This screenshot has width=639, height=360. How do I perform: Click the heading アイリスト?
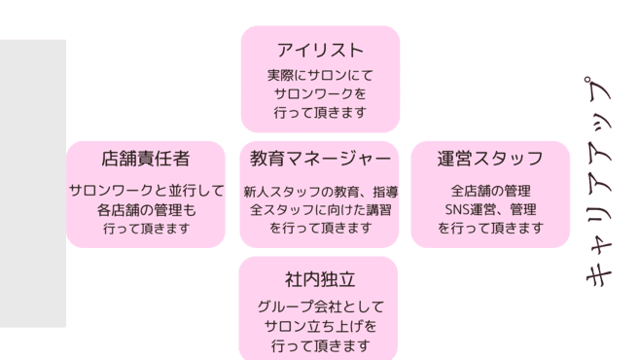point(320,51)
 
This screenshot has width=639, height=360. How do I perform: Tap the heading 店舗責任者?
point(146,159)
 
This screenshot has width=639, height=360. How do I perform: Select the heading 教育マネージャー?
point(320,158)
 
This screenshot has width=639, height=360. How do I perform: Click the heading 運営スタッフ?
point(490,159)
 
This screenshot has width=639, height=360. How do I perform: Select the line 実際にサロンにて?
point(320,75)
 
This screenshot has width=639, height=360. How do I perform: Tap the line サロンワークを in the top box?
point(320,94)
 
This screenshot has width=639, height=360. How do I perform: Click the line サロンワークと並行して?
point(146,191)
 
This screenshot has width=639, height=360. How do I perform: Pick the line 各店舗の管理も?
point(146,209)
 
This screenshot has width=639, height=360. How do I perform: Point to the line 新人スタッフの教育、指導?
point(320,192)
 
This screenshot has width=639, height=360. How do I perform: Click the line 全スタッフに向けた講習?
point(320,209)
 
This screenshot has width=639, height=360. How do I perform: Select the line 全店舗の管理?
point(490,191)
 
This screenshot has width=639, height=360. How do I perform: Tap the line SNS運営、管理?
point(490,209)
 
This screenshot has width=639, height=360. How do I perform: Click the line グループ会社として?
point(320,306)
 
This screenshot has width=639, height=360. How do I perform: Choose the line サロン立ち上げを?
point(320,326)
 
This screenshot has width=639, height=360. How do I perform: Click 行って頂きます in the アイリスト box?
point(320,113)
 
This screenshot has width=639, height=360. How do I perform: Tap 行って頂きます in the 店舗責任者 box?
point(146,229)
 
